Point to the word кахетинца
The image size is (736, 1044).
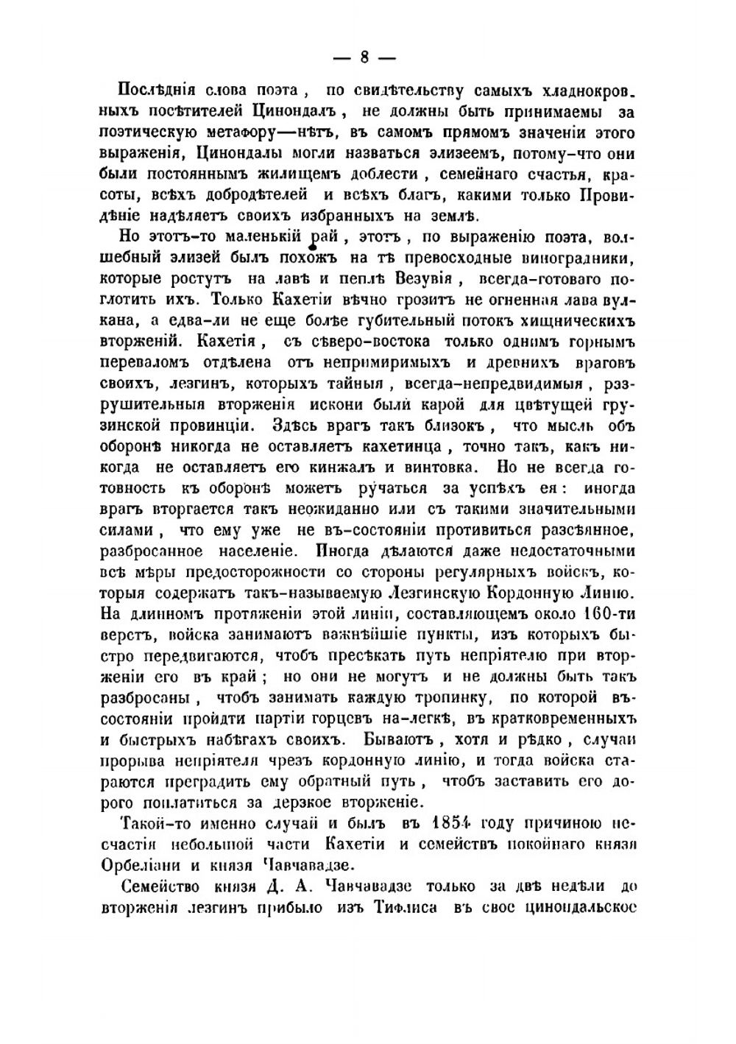coord(400,446)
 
